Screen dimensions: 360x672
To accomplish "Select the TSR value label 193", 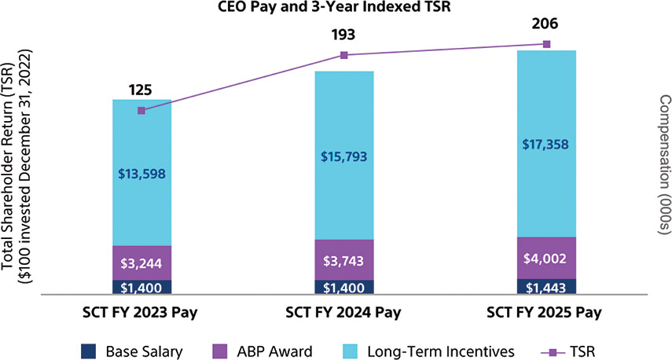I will pyautogui.click(x=343, y=35).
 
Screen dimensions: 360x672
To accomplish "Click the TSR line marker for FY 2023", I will pyautogui.click(x=141, y=111).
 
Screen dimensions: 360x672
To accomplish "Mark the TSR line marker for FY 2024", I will pyautogui.click(x=343, y=55).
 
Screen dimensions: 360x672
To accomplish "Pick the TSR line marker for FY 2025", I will pyautogui.click(x=547, y=44).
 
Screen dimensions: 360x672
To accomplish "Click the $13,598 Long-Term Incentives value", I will pyautogui.click(x=141, y=174).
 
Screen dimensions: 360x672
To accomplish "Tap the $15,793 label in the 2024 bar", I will pyautogui.click(x=344, y=156).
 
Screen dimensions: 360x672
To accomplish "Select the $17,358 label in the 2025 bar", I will pyautogui.click(x=547, y=145).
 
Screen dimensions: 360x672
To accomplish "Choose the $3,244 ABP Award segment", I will pyautogui.click(x=141, y=263).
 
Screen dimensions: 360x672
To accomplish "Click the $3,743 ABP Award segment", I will pyautogui.click(x=344, y=259).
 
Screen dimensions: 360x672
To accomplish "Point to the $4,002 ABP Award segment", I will pyautogui.click(x=547, y=258).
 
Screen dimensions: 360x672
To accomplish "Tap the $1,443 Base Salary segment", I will pyautogui.click(x=547, y=286).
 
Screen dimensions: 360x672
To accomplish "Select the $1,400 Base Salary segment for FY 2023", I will pyautogui.click(x=141, y=287).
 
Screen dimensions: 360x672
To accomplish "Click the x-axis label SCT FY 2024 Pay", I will pyautogui.click(x=344, y=312).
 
